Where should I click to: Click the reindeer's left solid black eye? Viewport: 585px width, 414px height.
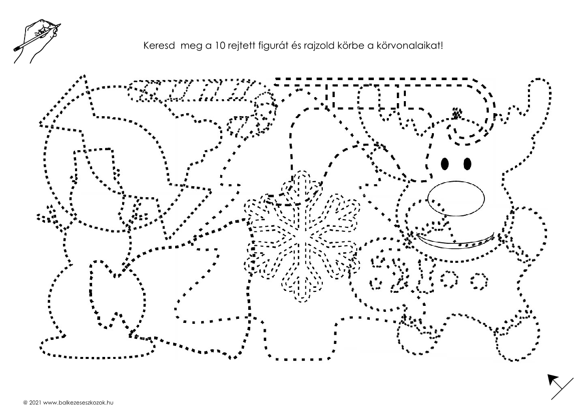click(x=445, y=164)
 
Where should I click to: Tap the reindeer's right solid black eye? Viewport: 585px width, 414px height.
click(x=467, y=164)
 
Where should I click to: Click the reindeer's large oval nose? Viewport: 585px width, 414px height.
click(x=456, y=197)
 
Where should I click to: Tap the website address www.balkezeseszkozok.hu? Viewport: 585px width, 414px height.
click(x=78, y=403)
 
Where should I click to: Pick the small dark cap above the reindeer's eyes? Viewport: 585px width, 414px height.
click(x=456, y=113)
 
